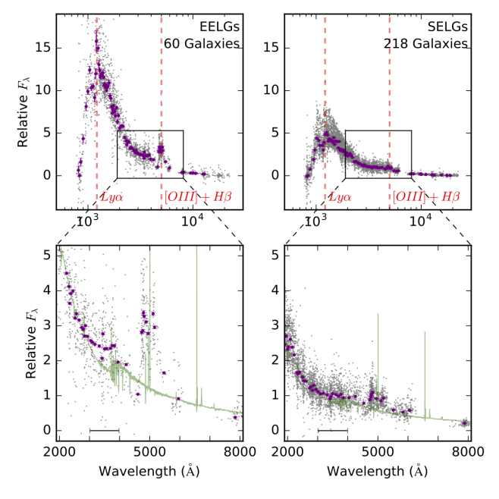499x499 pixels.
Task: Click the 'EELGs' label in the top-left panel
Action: coord(221,26)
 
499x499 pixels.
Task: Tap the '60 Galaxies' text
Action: coord(202,43)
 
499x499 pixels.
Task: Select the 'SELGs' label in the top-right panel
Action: coord(448,26)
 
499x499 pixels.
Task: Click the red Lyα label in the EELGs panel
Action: coord(111,198)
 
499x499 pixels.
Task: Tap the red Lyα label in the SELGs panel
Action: coord(339,198)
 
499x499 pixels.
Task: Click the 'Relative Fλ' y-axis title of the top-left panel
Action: coord(23,112)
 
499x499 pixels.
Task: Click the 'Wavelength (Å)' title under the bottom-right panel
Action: coord(378,470)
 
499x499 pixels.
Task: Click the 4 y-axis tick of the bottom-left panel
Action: coord(47,290)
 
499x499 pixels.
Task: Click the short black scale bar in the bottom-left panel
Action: coord(104,431)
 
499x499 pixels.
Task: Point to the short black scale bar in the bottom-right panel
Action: coord(332,431)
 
